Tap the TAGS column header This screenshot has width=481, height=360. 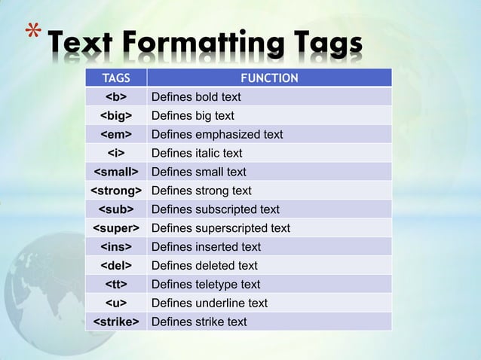(x=115, y=78)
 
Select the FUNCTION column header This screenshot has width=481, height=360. (x=269, y=78)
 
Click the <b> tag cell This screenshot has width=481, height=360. (x=115, y=97)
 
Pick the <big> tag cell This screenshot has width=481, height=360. (x=115, y=116)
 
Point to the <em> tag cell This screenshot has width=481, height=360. (x=115, y=135)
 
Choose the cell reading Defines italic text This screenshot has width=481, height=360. (x=197, y=154)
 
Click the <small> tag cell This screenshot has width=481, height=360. (x=115, y=172)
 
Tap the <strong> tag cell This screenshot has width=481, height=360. (x=115, y=191)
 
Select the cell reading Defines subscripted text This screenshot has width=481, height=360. (x=216, y=209)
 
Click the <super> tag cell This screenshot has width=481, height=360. (x=115, y=228)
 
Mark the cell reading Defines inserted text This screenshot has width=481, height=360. (x=206, y=247)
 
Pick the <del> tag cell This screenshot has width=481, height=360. (x=115, y=266)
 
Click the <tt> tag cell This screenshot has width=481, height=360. (x=115, y=285)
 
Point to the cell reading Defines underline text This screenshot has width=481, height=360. (x=210, y=304)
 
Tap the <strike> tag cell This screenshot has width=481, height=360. (x=115, y=322)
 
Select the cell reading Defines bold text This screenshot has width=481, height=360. (x=196, y=97)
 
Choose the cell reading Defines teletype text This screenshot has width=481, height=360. (x=206, y=285)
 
